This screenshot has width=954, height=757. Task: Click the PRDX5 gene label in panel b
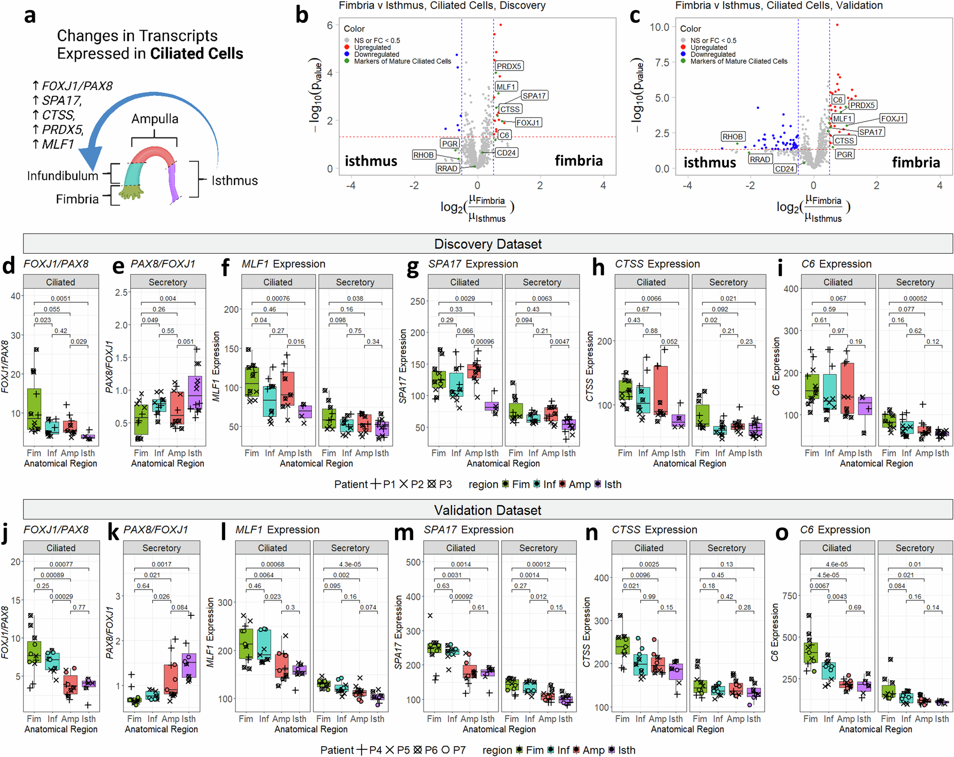click(509, 66)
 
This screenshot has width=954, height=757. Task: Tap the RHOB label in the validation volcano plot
click(732, 137)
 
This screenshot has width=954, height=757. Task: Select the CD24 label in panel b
click(506, 153)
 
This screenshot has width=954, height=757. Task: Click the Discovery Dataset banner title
click(487, 244)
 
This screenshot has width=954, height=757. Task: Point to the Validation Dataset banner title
click(487, 510)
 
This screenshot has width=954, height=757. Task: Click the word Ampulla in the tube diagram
click(155, 119)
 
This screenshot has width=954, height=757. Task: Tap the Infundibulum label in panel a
click(62, 176)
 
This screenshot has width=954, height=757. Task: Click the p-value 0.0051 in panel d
click(61, 299)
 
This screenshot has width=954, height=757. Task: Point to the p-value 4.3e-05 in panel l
click(350, 564)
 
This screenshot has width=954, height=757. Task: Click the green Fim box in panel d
click(34, 409)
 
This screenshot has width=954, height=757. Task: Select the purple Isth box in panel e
click(195, 393)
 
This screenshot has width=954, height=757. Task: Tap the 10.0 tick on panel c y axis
click(659, 27)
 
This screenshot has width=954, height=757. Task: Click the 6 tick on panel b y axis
click(330, 25)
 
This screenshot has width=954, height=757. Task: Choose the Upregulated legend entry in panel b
click(372, 48)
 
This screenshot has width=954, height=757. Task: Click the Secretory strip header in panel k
click(161, 548)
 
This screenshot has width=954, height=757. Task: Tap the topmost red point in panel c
click(837, 25)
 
